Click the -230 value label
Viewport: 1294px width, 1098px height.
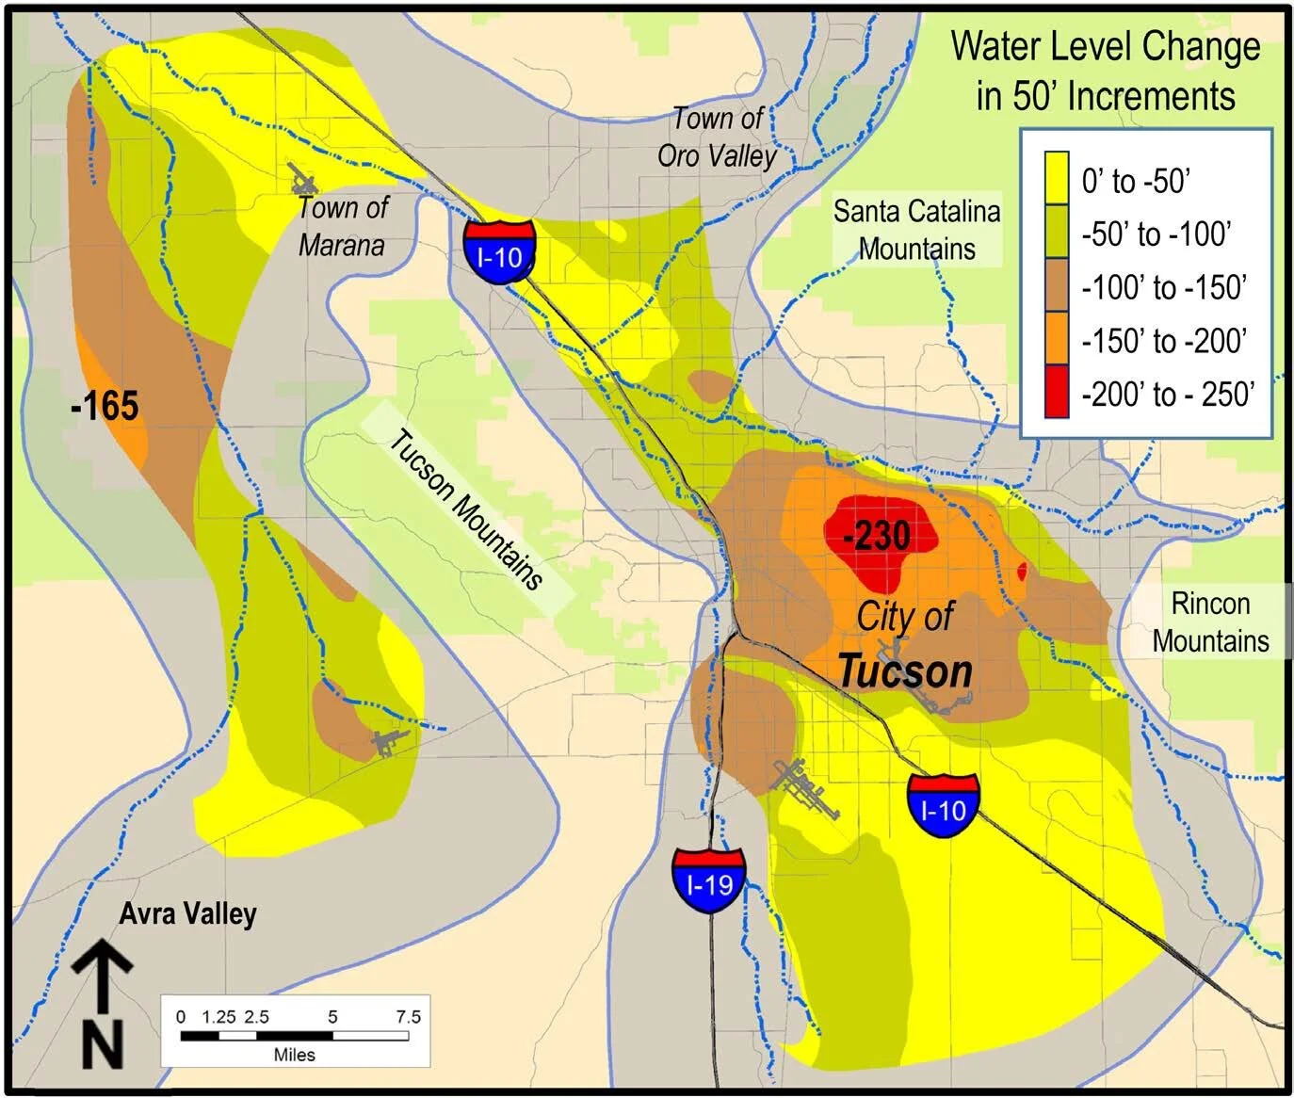tap(877, 537)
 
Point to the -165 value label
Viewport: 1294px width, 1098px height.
tap(105, 407)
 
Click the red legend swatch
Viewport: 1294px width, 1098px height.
tap(1057, 394)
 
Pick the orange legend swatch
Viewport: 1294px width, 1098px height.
tap(1057, 340)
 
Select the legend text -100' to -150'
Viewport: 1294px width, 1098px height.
tap(1164, 287)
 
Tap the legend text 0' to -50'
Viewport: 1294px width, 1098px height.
tap(1137, 180)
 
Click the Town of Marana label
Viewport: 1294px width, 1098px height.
tap(342, 226)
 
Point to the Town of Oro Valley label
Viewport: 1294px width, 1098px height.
tap(718, 137)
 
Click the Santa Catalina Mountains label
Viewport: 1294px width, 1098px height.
tap(916, 230)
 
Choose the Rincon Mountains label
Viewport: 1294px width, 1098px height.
tap(1210, 622)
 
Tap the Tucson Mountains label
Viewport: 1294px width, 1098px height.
tap(466, 509)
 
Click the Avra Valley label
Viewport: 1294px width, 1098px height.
tap(187, 913)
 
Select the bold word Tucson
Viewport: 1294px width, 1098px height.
tap(904, 671)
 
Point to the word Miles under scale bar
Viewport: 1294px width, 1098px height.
tap(294, 1055)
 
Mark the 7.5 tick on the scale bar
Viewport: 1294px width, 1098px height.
tap(408, 1017)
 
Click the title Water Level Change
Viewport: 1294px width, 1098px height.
tap(1105, 46)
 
